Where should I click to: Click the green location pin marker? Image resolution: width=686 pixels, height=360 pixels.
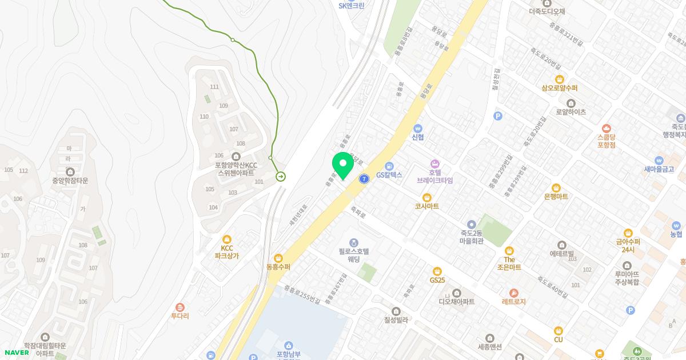[x=342, y=166]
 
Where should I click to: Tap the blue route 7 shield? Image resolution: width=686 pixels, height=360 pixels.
[x=364, y=179]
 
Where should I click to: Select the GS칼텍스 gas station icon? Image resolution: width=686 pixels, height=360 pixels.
[x=389, y=166]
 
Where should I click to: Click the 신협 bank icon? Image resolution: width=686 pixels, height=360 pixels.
[x=418, y=128]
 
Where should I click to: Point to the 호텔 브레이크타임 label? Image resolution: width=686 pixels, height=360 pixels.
[x=434, y=176]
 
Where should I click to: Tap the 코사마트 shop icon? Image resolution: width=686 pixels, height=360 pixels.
[x=426, y=197]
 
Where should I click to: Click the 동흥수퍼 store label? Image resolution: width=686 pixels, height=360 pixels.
[x=278, y=267]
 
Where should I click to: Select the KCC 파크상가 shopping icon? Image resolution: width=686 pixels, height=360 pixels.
[x=227, y=239]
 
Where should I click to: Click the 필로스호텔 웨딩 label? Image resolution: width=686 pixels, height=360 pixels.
[x=354, y=255]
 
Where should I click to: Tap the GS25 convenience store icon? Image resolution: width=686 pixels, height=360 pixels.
[x=437, y=271]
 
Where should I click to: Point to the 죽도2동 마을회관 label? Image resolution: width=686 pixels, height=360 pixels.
[x=472, y=237]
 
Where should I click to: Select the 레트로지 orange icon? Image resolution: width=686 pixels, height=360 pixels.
[x=513, y=293]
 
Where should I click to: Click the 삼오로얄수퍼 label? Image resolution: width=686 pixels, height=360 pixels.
[x=560, y=89]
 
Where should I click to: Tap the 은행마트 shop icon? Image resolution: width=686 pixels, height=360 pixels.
[x=556, y=187]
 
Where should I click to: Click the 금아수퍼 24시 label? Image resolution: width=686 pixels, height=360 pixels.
[x=628, y=245]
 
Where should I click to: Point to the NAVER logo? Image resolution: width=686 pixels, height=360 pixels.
[x=17, y=352]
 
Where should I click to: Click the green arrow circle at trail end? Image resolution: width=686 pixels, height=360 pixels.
[x=281, y=177]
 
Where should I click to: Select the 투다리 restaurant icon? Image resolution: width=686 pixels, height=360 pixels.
[x=180, y=307]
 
